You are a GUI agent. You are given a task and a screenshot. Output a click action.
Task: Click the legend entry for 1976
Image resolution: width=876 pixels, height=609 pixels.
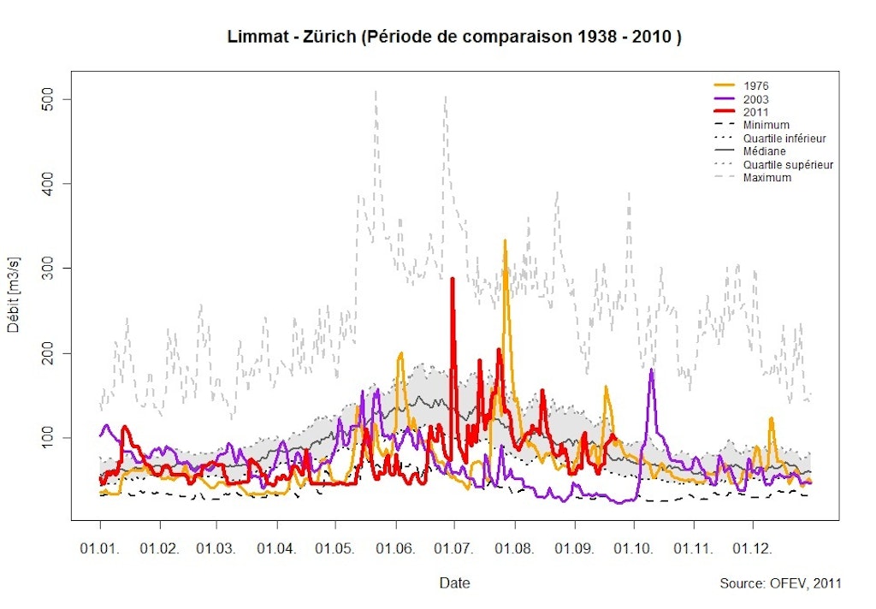pyautogui.click(x=756, y=86)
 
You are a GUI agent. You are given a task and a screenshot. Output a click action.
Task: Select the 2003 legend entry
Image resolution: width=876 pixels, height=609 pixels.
pyautogui.click(x=756, y=99)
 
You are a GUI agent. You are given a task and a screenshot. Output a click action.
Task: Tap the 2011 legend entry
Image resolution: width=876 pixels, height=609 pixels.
pyautogui.click(x=756, y=112)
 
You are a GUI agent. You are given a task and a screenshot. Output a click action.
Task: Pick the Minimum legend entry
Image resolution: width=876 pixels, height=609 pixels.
pyautogui.click(x=766, y=125)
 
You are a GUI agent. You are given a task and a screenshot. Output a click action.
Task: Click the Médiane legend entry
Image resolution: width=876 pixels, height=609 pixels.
pyautogui.click(x=764, y=151)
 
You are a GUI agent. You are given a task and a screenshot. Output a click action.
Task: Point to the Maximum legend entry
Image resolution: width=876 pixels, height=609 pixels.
pyautogui.click(x=767, y=178)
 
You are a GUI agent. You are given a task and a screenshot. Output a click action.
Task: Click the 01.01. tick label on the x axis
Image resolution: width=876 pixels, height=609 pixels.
pyautogui.click(x=100, y=546)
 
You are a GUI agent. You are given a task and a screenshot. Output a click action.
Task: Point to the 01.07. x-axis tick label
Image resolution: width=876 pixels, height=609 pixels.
pyautogui.click(x=453, y=546)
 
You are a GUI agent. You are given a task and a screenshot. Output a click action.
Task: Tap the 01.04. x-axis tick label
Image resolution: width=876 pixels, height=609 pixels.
pyautogui.click(x=276, y=546)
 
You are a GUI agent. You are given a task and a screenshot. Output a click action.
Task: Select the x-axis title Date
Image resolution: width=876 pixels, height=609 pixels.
pyautogui.click(x=454, y=583)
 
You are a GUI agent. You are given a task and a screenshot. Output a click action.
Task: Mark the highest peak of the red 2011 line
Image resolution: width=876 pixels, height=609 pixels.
pyautogui.click(x=453, y=279)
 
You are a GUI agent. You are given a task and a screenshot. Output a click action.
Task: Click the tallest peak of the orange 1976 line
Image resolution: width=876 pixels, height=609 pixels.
pyautogui.click(x=505, y=241)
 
